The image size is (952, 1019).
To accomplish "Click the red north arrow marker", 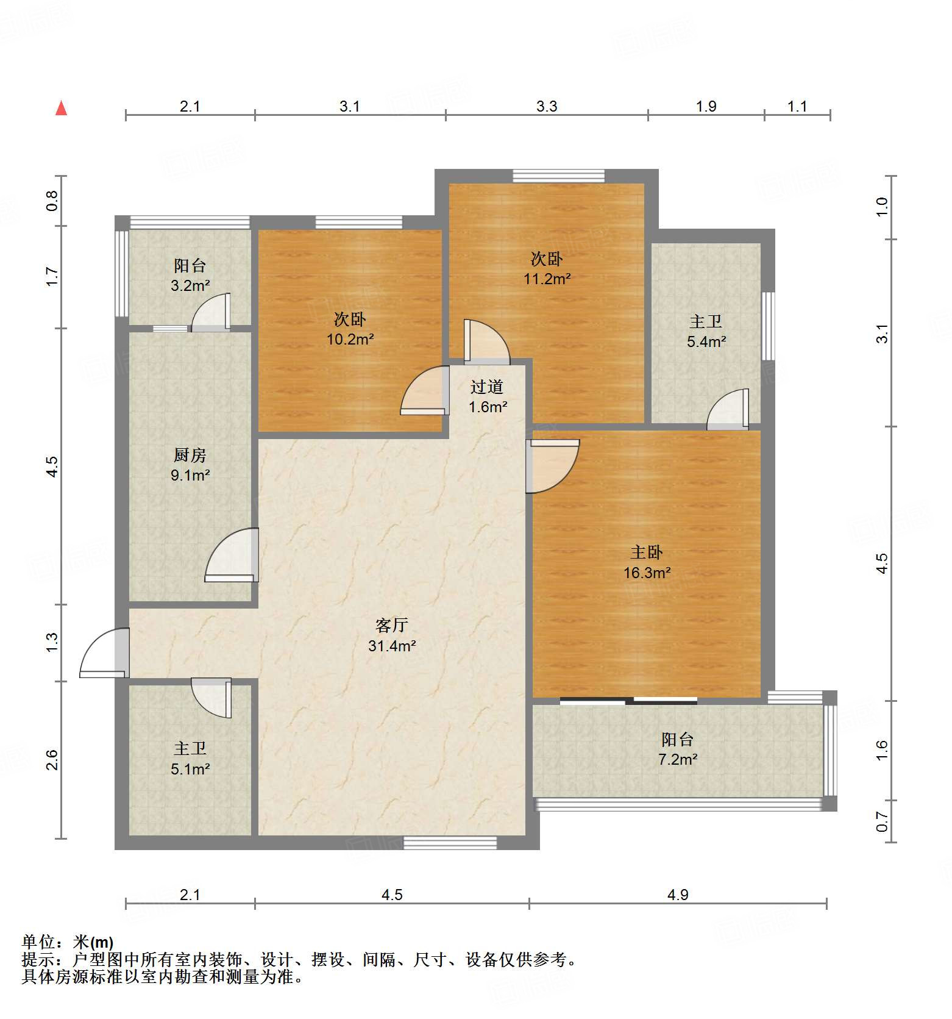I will click(x=61, y=108).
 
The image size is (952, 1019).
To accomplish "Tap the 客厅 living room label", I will click(x=391, y=625).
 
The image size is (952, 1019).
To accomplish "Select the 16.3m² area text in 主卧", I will click(x=647, y=573).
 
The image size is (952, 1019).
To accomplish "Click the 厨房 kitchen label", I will click(x=190, y=455).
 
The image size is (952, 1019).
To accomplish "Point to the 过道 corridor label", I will click(x=487, y=387).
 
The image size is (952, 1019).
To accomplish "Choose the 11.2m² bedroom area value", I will click(x=547, y=279).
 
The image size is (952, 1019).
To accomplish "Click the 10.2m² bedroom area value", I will click(x=350, y=339).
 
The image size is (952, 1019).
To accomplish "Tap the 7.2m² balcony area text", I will click(x=677, y=759).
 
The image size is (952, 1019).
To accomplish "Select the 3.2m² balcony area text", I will click(x=190, y=285).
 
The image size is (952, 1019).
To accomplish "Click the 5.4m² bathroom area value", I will click(x=706, y=341).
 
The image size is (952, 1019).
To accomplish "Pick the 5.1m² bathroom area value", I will click(x=190, y=769).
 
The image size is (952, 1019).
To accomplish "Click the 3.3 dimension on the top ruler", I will click(x=547, y=107).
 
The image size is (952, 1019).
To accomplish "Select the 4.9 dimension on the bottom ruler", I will click(x=677, y=895).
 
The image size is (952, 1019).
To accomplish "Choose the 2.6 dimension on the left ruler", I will click(x=52, y=760).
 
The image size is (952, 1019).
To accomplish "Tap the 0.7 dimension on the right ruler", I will click(x=882, y=821).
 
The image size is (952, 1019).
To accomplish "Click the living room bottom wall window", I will click(x=450, y=843).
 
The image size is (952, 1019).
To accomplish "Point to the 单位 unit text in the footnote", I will click(x=38, y=943).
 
